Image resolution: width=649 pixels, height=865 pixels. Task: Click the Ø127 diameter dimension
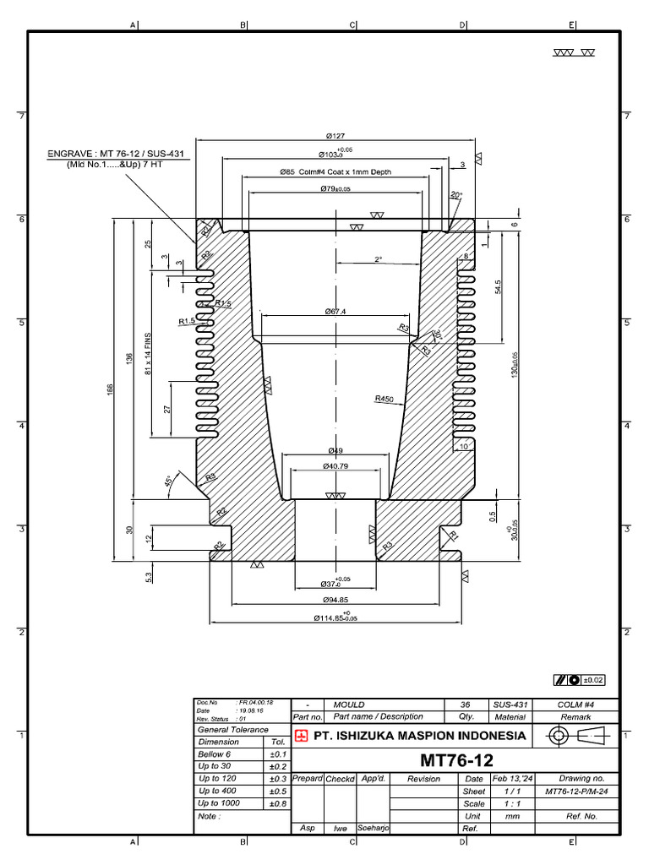point(336,135)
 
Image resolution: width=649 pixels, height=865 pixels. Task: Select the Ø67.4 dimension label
point(336,311)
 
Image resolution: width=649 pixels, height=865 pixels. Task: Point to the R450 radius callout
point(384,398)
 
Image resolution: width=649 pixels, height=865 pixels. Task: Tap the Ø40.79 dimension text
point(336,466)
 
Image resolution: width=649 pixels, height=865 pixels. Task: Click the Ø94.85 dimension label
point(335,600)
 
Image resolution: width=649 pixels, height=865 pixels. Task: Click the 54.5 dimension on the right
point(498,287)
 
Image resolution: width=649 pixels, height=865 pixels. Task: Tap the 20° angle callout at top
point(456,195)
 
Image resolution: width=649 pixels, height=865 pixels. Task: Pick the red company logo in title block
point(301,735)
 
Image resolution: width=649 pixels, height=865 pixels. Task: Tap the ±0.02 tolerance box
point(580,678)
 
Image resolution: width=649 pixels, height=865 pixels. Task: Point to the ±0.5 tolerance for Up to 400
point(275,791)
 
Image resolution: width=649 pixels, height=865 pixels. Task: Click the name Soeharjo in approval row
point(372,829)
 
